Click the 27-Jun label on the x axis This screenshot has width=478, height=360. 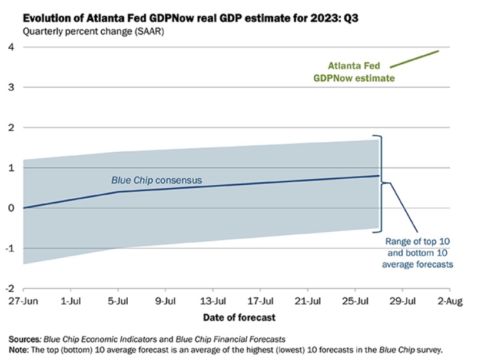coord(24,301)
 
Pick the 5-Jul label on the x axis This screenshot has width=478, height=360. coord(119,301)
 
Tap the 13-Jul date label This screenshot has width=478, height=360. coord(214,301)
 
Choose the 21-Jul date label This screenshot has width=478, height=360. coord(308,301)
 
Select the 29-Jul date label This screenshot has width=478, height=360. coord(403,301)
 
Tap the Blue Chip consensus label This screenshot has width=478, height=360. coord(157,179)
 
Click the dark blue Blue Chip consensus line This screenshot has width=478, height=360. coord(247,185)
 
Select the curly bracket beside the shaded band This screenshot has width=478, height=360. coord(383,182)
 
